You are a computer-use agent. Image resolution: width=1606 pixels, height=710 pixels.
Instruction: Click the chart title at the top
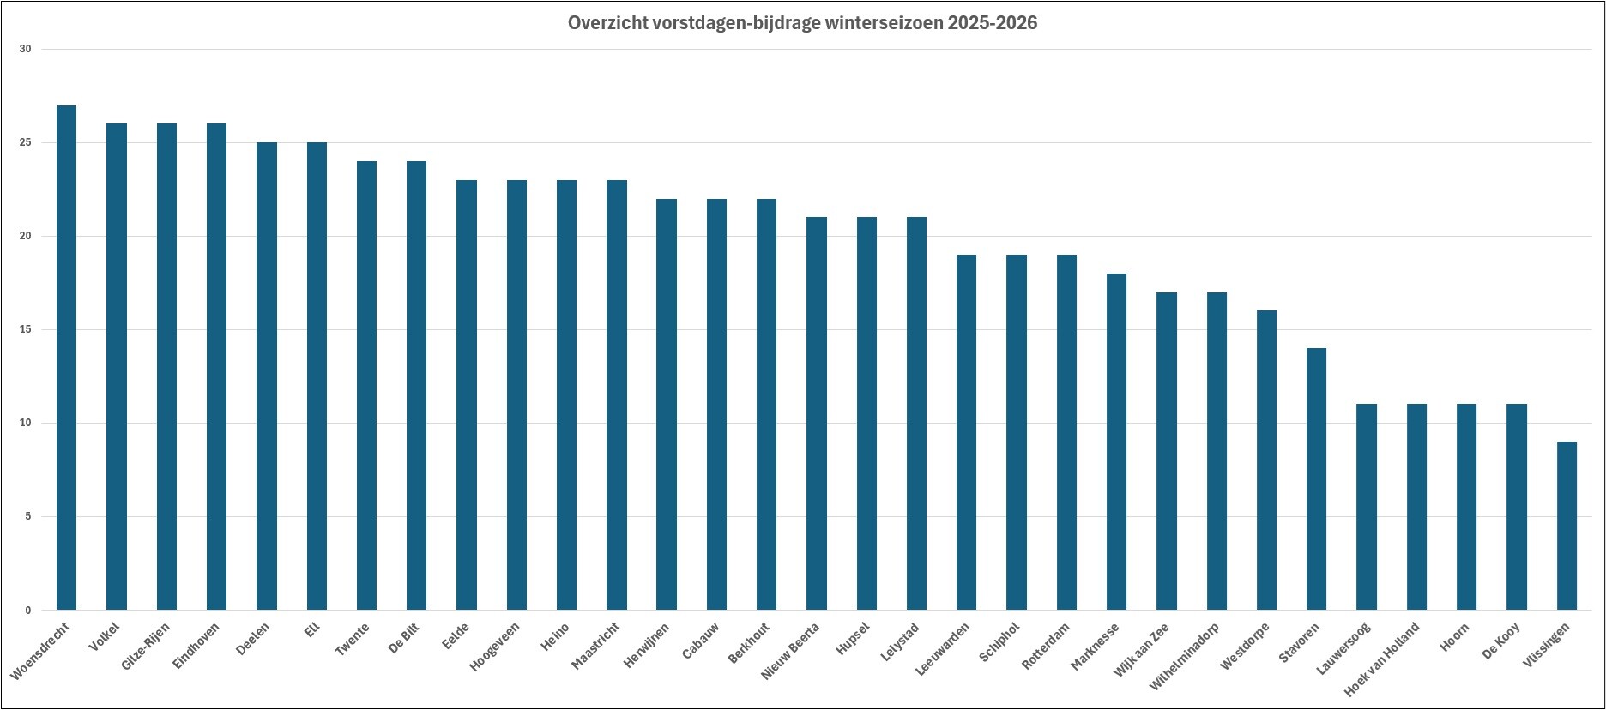coord(802,23)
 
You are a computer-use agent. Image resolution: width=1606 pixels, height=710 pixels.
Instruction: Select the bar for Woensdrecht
coord(66,358)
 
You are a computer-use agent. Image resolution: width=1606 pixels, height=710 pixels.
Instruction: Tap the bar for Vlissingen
coord(1567,526)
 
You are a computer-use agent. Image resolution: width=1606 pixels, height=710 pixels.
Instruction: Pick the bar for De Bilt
coord(416,386)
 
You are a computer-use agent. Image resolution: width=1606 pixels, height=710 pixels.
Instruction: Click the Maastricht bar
coord(617,395)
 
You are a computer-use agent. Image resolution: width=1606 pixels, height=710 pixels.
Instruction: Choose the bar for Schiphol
coord(1017,432)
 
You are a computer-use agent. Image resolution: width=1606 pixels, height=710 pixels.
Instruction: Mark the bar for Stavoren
coord(1316,479)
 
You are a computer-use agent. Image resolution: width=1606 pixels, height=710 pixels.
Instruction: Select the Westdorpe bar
coord(1266,460)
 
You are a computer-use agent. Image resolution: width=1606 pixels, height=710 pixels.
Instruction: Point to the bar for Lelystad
coord(916,414)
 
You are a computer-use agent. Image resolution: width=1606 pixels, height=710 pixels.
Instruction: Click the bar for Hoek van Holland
coord(1416,507)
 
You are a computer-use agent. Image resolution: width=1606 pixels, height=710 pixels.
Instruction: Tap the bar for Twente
coord(366,386)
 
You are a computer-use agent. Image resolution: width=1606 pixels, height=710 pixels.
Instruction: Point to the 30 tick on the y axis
coord(25,49)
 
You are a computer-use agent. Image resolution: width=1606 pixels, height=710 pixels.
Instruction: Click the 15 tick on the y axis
coord(25,329)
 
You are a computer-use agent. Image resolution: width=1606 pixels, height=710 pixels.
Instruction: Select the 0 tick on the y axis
coord(27,611)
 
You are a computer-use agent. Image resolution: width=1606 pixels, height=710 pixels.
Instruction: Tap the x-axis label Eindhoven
coord(196,646)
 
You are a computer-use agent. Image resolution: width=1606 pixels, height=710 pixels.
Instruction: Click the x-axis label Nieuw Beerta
coord(790,652)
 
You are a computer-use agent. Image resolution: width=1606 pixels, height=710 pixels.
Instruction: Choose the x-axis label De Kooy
coord(1501,641)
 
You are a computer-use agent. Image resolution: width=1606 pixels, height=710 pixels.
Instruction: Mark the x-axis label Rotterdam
coord(1047,647)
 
